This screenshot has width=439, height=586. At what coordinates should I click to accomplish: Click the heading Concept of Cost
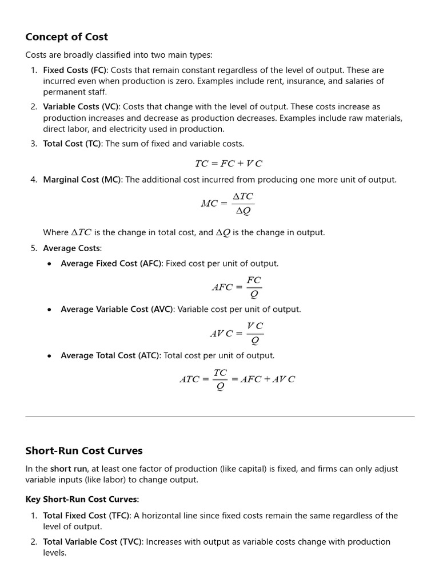click(66, 37)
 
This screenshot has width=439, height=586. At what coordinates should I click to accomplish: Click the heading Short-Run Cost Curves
click(83, 450)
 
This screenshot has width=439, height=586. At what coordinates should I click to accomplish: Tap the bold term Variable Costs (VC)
click(81, 107)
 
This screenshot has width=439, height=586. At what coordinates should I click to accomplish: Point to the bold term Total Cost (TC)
click(71, 144)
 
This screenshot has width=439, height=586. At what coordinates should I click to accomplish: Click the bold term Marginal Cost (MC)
click(82, 180)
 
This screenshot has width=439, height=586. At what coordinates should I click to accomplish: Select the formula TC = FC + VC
click(228, 163)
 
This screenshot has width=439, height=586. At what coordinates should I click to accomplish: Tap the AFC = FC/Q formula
click(237, 287)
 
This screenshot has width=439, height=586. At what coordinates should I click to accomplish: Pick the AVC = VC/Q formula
click(237, 333)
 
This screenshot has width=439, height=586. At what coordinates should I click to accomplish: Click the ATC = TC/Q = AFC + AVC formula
click(237, 379)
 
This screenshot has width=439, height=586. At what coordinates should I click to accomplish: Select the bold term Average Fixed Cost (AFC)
click(111, 264)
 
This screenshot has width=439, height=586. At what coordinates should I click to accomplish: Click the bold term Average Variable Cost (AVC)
click(117, 310)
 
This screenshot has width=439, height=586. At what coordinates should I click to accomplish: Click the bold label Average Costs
click(72, 248)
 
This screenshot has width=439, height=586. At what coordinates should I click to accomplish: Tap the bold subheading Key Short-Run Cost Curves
click(82, 500)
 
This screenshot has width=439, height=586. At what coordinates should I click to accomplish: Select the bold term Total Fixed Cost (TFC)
click(87, 516)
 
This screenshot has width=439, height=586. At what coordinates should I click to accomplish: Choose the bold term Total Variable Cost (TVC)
click(93, 542)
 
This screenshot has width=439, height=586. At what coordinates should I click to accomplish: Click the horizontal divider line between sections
click(219, 417)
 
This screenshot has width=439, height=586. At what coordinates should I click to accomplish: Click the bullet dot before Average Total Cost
click(49, 356)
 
